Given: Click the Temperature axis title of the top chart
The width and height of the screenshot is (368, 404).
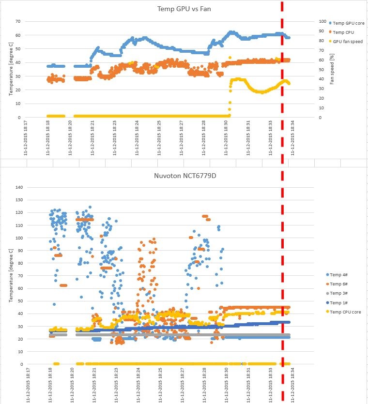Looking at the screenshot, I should (x=10, y=68).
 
